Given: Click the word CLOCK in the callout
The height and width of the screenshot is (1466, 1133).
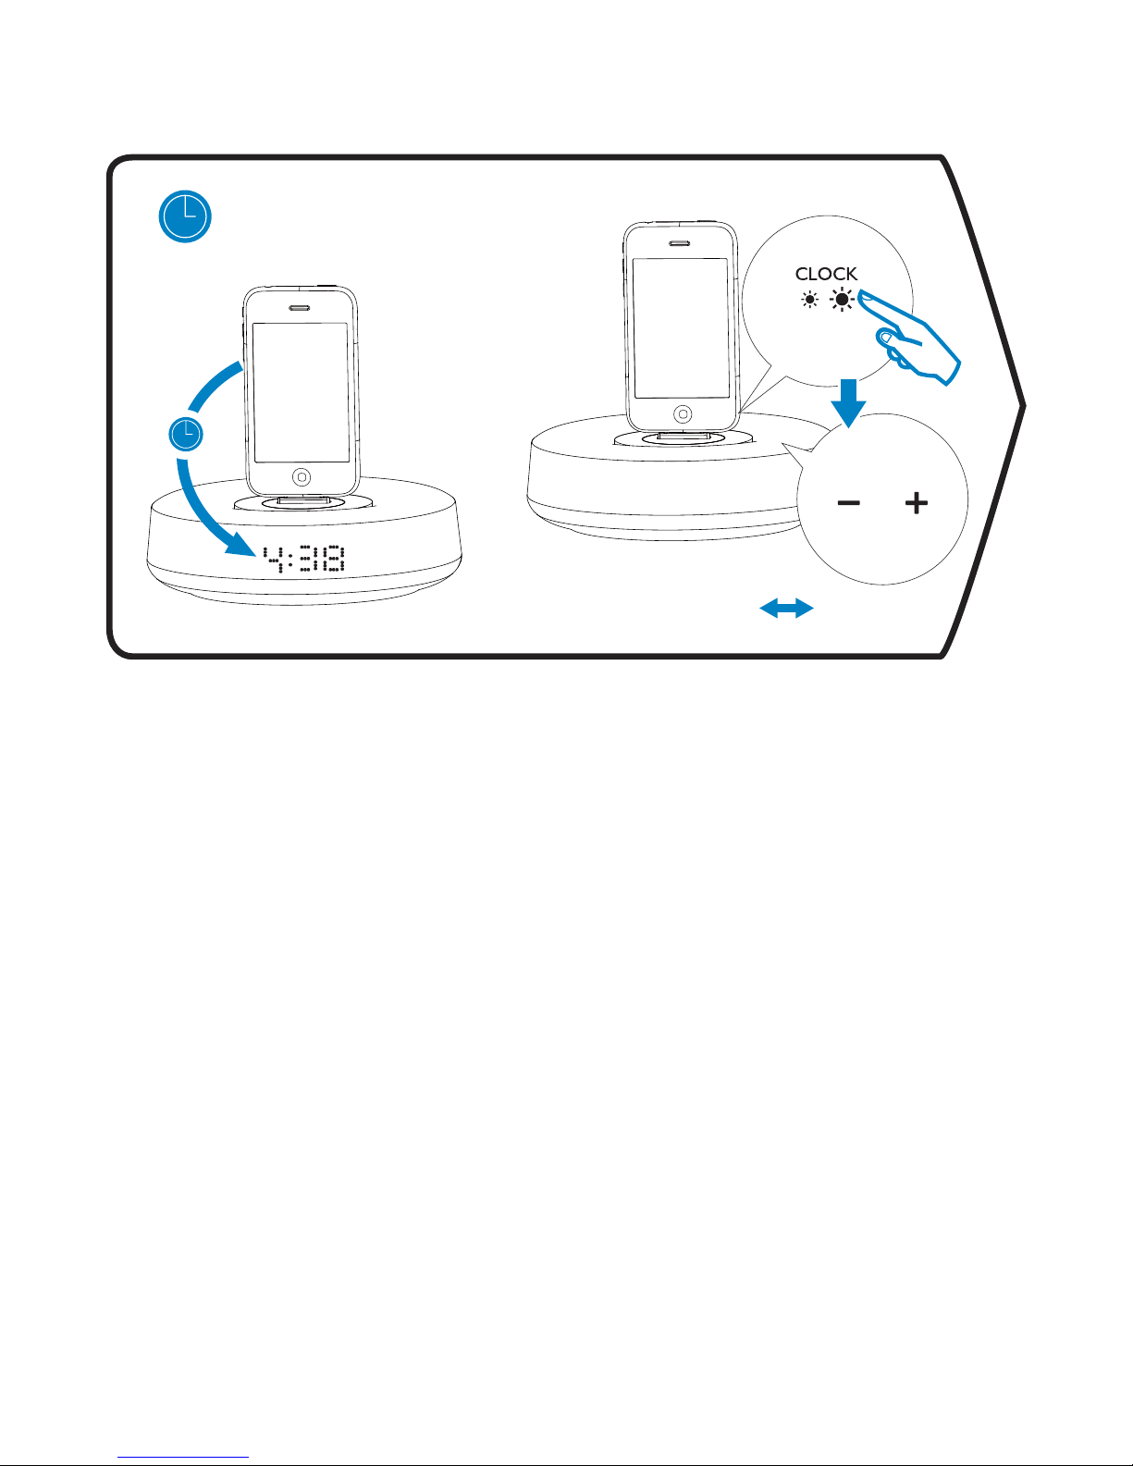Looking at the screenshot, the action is (826, 274).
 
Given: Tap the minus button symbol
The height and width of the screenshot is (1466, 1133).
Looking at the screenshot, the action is (848, 503).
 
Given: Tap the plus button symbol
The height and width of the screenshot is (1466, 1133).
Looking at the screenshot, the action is (916, 503).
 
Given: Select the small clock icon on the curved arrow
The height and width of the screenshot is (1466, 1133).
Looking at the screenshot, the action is (186, 434).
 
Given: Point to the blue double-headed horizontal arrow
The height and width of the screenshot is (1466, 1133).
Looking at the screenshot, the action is (786, 608).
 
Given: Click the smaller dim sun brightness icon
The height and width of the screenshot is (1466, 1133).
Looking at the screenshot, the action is (810, 300).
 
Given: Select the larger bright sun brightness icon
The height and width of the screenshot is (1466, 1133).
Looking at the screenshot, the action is (842, 300).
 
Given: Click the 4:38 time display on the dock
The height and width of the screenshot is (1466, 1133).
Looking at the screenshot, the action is (304, 559).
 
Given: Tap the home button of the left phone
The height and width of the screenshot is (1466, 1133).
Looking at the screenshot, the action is (302, 477).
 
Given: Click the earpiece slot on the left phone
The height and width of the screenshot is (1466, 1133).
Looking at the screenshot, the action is (301, 308).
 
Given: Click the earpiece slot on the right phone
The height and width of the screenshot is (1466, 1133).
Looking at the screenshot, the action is (681, 244).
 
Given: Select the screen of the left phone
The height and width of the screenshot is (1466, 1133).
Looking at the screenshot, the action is (302, 392).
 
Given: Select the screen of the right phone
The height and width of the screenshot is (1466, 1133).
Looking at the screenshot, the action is (681, 328).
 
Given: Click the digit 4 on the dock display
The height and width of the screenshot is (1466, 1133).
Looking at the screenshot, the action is (272, 559).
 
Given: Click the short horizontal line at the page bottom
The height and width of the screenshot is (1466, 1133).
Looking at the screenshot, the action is (184, 1458).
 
